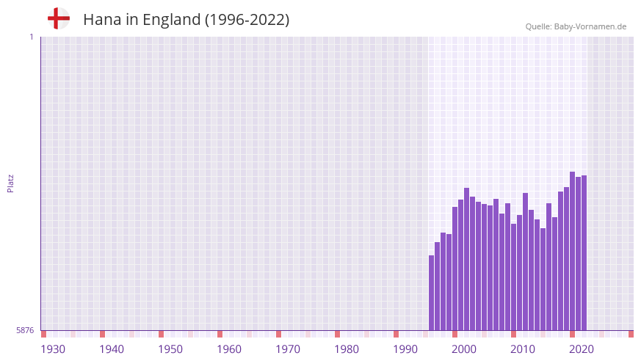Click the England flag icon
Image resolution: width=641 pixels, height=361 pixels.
coord(59,18)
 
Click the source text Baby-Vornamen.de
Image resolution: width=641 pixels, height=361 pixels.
coord(590,26)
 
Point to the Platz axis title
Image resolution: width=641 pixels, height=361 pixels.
coord(10,183)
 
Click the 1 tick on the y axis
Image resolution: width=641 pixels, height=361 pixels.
coord(31,37)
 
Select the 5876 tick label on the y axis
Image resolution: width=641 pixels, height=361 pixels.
coord(25,330)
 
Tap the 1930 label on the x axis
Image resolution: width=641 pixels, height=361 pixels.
coord(53,349)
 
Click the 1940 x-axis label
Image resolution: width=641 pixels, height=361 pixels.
coord(112,349)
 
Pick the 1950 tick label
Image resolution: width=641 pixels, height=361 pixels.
coord(170,349)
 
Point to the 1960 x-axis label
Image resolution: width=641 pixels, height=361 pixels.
coord(229,349)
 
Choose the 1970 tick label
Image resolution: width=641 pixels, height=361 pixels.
coord(288,349)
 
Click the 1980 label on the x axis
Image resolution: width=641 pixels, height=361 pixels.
coord(347,349)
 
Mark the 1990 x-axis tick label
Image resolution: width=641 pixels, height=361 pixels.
coord(405,349)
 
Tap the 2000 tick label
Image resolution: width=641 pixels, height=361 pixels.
coord(464,349)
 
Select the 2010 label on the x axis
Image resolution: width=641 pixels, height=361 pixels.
coord(523,349)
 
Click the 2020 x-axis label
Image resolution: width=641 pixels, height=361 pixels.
coord(582,349)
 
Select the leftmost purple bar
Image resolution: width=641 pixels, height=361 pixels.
coord(431,293)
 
